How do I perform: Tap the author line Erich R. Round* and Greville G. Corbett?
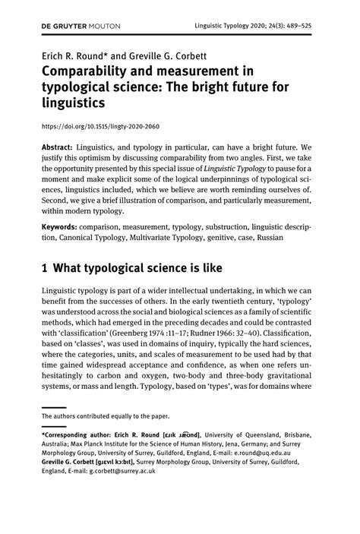click(130, 55)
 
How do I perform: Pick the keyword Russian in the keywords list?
click(266, 237)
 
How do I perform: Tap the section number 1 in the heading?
click(46, 268)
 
